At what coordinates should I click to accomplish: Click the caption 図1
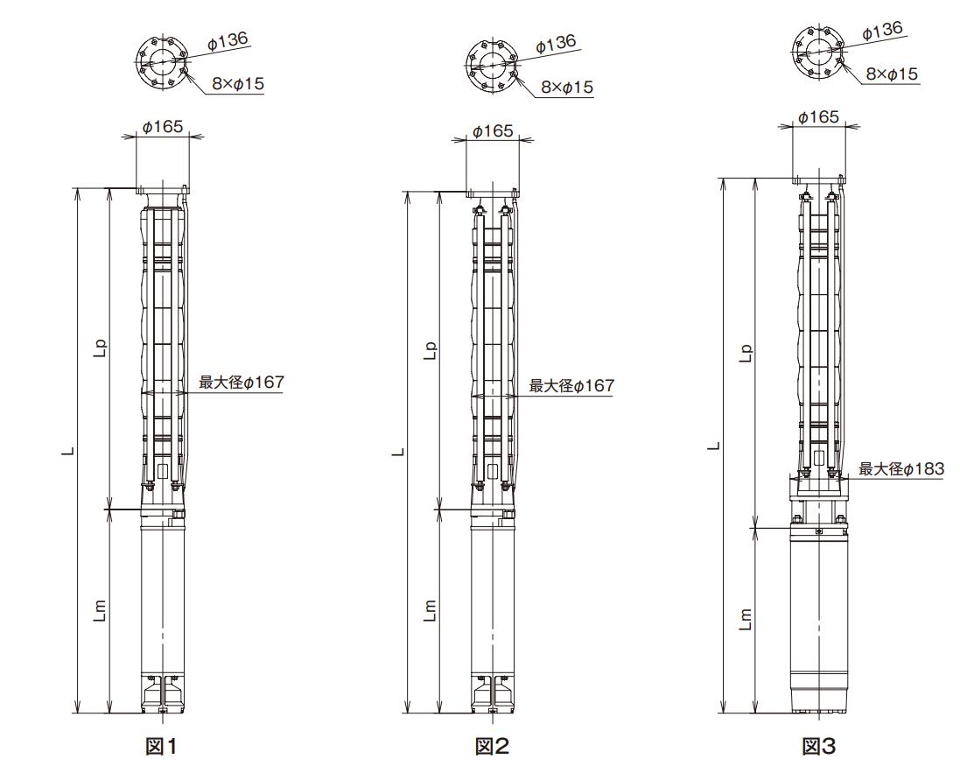[x=161, y=747]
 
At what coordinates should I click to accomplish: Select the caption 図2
[x=492, y=747]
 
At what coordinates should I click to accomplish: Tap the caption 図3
[x=818, y=747]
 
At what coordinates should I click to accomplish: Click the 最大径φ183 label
[x=901, y=469]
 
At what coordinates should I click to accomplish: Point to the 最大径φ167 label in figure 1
[x=242, y=383]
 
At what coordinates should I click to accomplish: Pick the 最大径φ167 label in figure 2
[x=571, y=386]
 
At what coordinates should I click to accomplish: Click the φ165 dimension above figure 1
[x=163, y=126]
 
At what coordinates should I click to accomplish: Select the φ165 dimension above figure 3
[x=818, y=116]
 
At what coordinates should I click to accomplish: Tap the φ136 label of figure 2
[x=556, y=44]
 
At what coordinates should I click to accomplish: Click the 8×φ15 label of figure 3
[x=892, y=74]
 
